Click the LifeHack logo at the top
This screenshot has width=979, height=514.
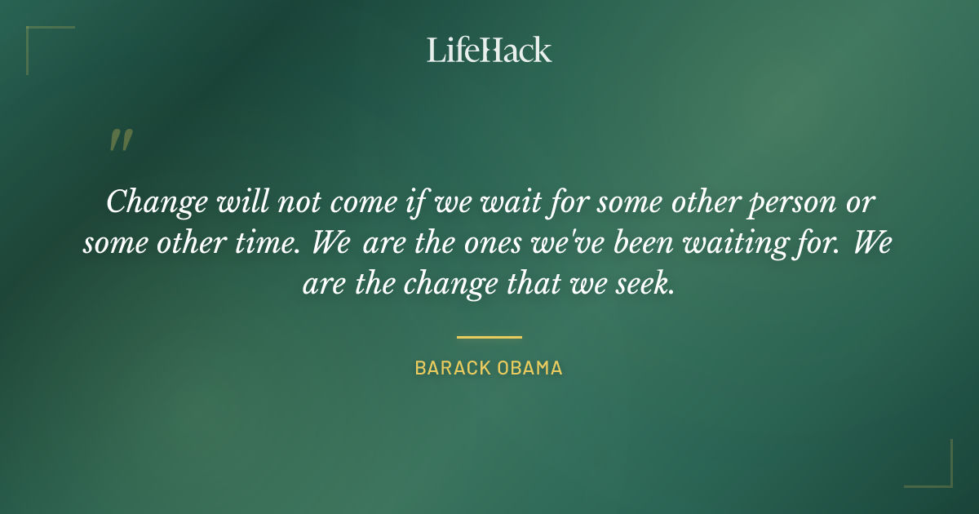point(489,50)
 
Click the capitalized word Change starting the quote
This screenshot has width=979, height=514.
point(154,202)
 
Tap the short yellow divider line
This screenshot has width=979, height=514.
point(489,336)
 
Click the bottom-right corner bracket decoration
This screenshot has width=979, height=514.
point(938,474)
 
